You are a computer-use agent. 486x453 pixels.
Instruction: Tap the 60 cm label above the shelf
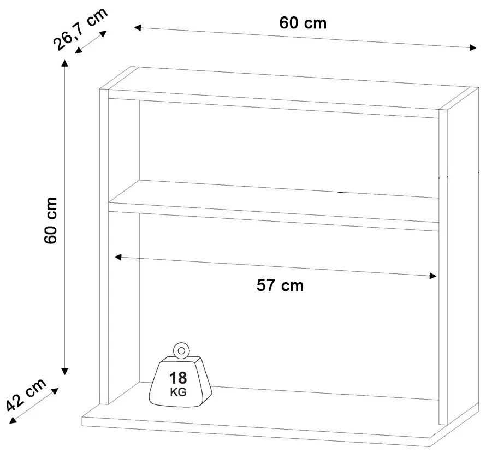[303, 23]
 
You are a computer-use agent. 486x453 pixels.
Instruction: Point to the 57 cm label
[280, 285]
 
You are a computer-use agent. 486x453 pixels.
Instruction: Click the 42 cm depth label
[26, 394]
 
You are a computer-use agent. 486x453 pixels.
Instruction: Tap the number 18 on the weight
[178, 378]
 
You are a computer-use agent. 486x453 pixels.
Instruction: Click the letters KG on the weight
[178, 392]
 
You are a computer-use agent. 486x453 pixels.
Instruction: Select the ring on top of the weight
[181, 351]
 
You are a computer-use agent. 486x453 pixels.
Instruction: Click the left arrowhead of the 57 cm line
[118, 257]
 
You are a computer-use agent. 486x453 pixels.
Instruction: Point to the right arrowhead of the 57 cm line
[433, 276]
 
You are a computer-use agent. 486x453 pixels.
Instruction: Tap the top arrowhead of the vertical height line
[64, 63]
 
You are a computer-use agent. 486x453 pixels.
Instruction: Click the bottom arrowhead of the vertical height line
[64, 371]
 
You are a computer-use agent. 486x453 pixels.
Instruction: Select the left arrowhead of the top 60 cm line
[138, 28]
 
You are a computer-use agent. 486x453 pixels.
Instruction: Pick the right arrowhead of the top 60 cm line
[473, 47]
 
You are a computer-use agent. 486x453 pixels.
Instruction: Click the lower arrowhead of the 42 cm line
[13, 420]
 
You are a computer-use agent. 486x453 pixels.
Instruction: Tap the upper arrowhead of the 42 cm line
[55, 391]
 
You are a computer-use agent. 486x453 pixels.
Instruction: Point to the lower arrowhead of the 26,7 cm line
[79, 50]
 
